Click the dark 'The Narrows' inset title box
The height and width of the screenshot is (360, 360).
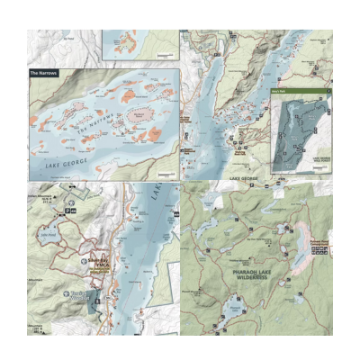coord(43,72)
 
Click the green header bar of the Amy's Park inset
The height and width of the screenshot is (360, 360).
coord(301,92)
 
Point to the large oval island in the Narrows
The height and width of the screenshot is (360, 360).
coord(139,115)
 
